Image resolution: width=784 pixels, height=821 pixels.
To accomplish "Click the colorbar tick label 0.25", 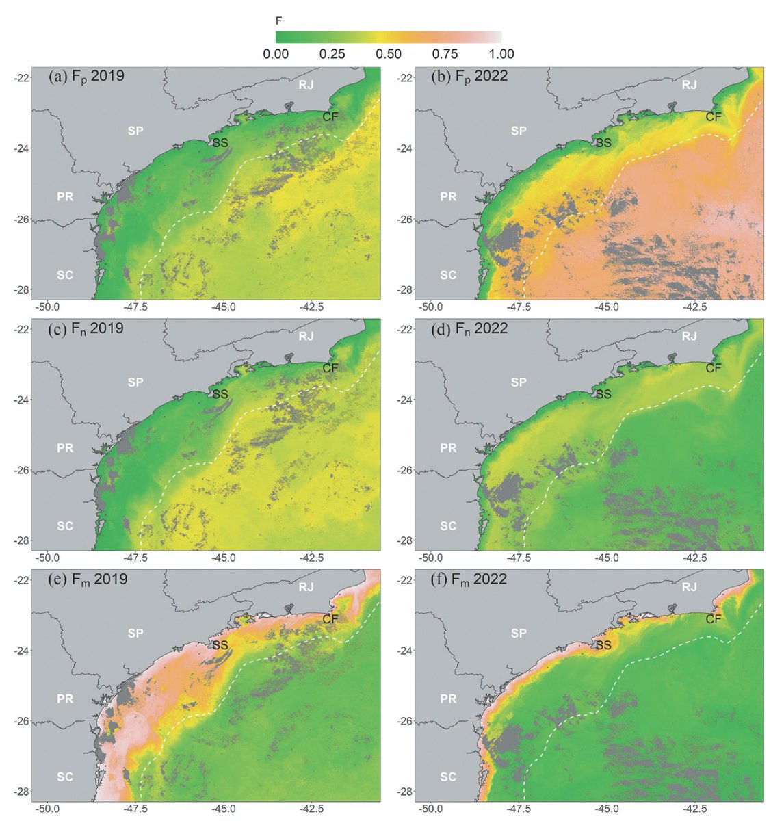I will [332, 54].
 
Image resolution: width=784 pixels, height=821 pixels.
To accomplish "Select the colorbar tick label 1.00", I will [501, 54].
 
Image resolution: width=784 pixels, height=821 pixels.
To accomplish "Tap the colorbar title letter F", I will [278, 21].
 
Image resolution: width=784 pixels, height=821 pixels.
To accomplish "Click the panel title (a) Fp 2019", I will [86, 76].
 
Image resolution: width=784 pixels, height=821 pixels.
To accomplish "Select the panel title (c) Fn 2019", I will [86, 328].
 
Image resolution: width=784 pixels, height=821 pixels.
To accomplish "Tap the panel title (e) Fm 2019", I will [88, 579].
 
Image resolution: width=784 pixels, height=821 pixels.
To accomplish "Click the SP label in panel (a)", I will [135, 130].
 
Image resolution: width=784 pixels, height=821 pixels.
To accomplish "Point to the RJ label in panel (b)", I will [689, 85].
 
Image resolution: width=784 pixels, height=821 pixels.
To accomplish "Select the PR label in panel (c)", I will [65, 448].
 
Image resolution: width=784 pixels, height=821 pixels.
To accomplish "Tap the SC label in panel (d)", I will [448, 526].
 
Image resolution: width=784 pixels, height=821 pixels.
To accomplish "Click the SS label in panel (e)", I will [220, 644].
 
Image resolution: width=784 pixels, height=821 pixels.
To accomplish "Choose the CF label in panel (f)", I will [714, 619].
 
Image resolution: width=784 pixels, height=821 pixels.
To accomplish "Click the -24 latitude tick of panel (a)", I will [21, 148].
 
